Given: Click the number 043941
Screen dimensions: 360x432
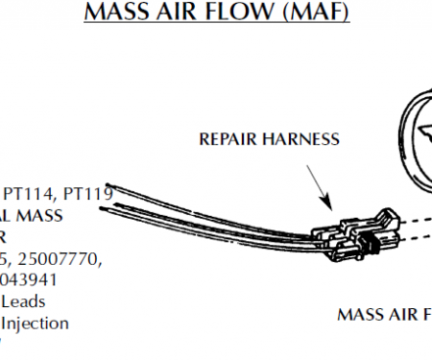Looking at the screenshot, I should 29,280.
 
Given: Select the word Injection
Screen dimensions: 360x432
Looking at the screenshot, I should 36,324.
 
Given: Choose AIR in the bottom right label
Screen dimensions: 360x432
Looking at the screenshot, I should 406,314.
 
